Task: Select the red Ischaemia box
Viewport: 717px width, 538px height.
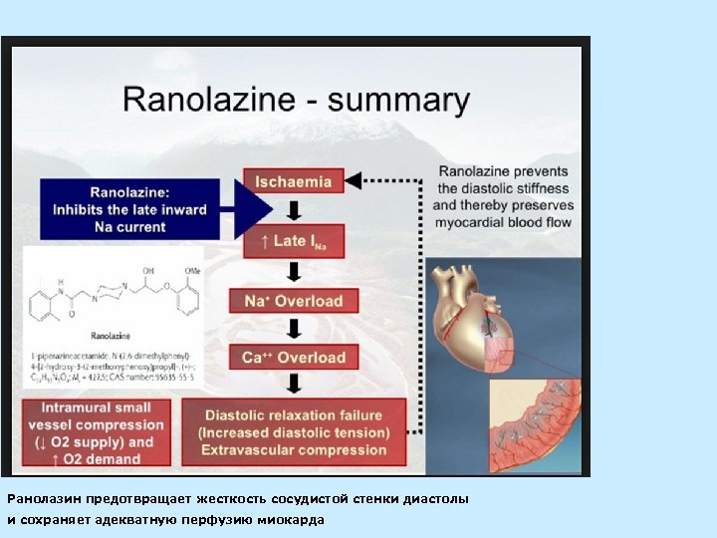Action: point(293,181)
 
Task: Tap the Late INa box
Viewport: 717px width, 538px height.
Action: point(293,241)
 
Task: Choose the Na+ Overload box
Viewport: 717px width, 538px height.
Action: point(294,300)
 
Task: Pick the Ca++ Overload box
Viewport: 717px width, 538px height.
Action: point(294,357)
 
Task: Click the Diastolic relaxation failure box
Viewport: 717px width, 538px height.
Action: point(294,432)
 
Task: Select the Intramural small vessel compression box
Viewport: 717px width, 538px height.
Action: point(98,432)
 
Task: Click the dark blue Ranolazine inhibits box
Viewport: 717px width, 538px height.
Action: point(129,209)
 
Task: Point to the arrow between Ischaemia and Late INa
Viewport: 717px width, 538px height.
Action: point(294,211)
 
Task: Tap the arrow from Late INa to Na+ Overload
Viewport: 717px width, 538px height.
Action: point(294,271)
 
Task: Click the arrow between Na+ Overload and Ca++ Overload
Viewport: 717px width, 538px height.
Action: point(294,329)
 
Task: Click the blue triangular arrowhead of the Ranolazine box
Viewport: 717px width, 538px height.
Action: point(255,209)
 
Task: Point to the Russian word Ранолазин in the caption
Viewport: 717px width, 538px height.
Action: point(41,498)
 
